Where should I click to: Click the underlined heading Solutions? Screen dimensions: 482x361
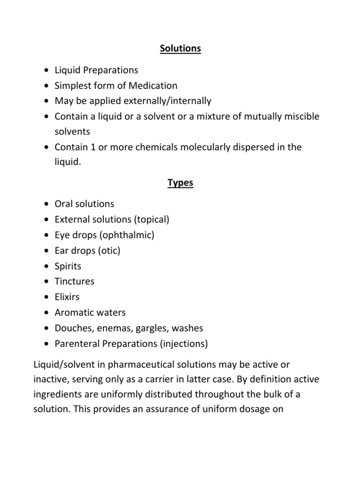pos(180,49)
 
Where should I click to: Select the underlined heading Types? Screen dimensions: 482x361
pos(180,183)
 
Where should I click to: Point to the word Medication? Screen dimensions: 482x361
pos(153,86)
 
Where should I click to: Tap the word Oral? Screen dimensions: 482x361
pos(64,204)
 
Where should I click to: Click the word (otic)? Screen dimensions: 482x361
pos(109,250)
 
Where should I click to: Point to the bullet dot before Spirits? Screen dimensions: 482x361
pos(45,266)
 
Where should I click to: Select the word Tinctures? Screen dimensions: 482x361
pos(75,281)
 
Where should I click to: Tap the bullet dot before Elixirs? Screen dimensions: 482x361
pos(45,297)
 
